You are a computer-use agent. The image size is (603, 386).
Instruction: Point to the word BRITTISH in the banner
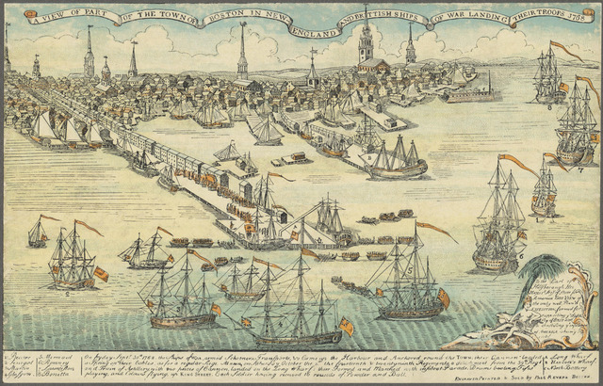[x=381, y=22]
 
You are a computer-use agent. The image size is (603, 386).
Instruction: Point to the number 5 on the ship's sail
[x=408, y=271]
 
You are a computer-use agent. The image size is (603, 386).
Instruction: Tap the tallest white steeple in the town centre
[x=242, y=52]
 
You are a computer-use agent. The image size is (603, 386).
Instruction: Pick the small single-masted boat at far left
[x=38, y=233]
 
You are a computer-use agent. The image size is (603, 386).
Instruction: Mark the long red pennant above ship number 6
[x=517, y=164]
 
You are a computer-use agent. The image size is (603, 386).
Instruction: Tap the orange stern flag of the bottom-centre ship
[x=346, y=327]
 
